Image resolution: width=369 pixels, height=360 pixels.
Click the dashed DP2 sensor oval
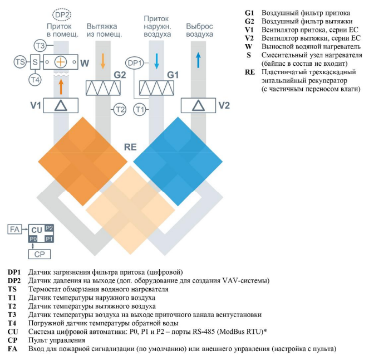tap(61, 16)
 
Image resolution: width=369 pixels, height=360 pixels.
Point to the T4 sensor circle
tap(35, 80)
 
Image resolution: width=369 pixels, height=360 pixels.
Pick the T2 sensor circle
tap(119, 109)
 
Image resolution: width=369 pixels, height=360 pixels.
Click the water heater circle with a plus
tap(62, 62)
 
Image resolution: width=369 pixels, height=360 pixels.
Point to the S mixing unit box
tap(35, 62)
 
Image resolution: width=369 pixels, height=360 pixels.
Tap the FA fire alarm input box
tap(14, 229)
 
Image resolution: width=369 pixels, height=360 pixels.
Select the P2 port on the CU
tap(49, 228)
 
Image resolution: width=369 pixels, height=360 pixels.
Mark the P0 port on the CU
tap(33, 239)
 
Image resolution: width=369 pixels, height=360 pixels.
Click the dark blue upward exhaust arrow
tap(198, 60)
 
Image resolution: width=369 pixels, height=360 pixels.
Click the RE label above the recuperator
tap(130, 147)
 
